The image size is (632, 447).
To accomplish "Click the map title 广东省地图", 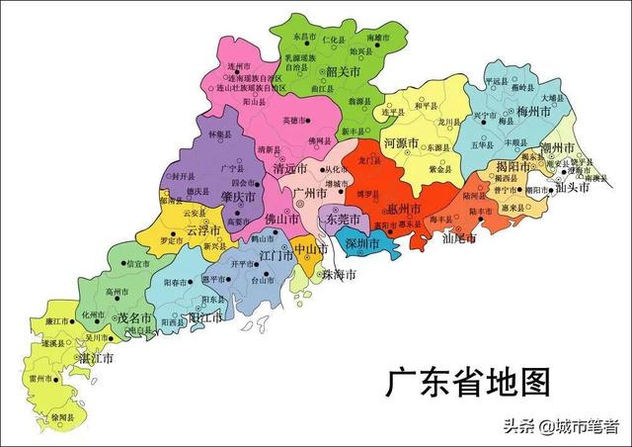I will [467, 381].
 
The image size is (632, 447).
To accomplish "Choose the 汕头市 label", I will [574, 188].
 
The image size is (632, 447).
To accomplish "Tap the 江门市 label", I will [275, 255].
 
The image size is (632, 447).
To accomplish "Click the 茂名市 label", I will [133, 318].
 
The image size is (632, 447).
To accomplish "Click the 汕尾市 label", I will [458, 238].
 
